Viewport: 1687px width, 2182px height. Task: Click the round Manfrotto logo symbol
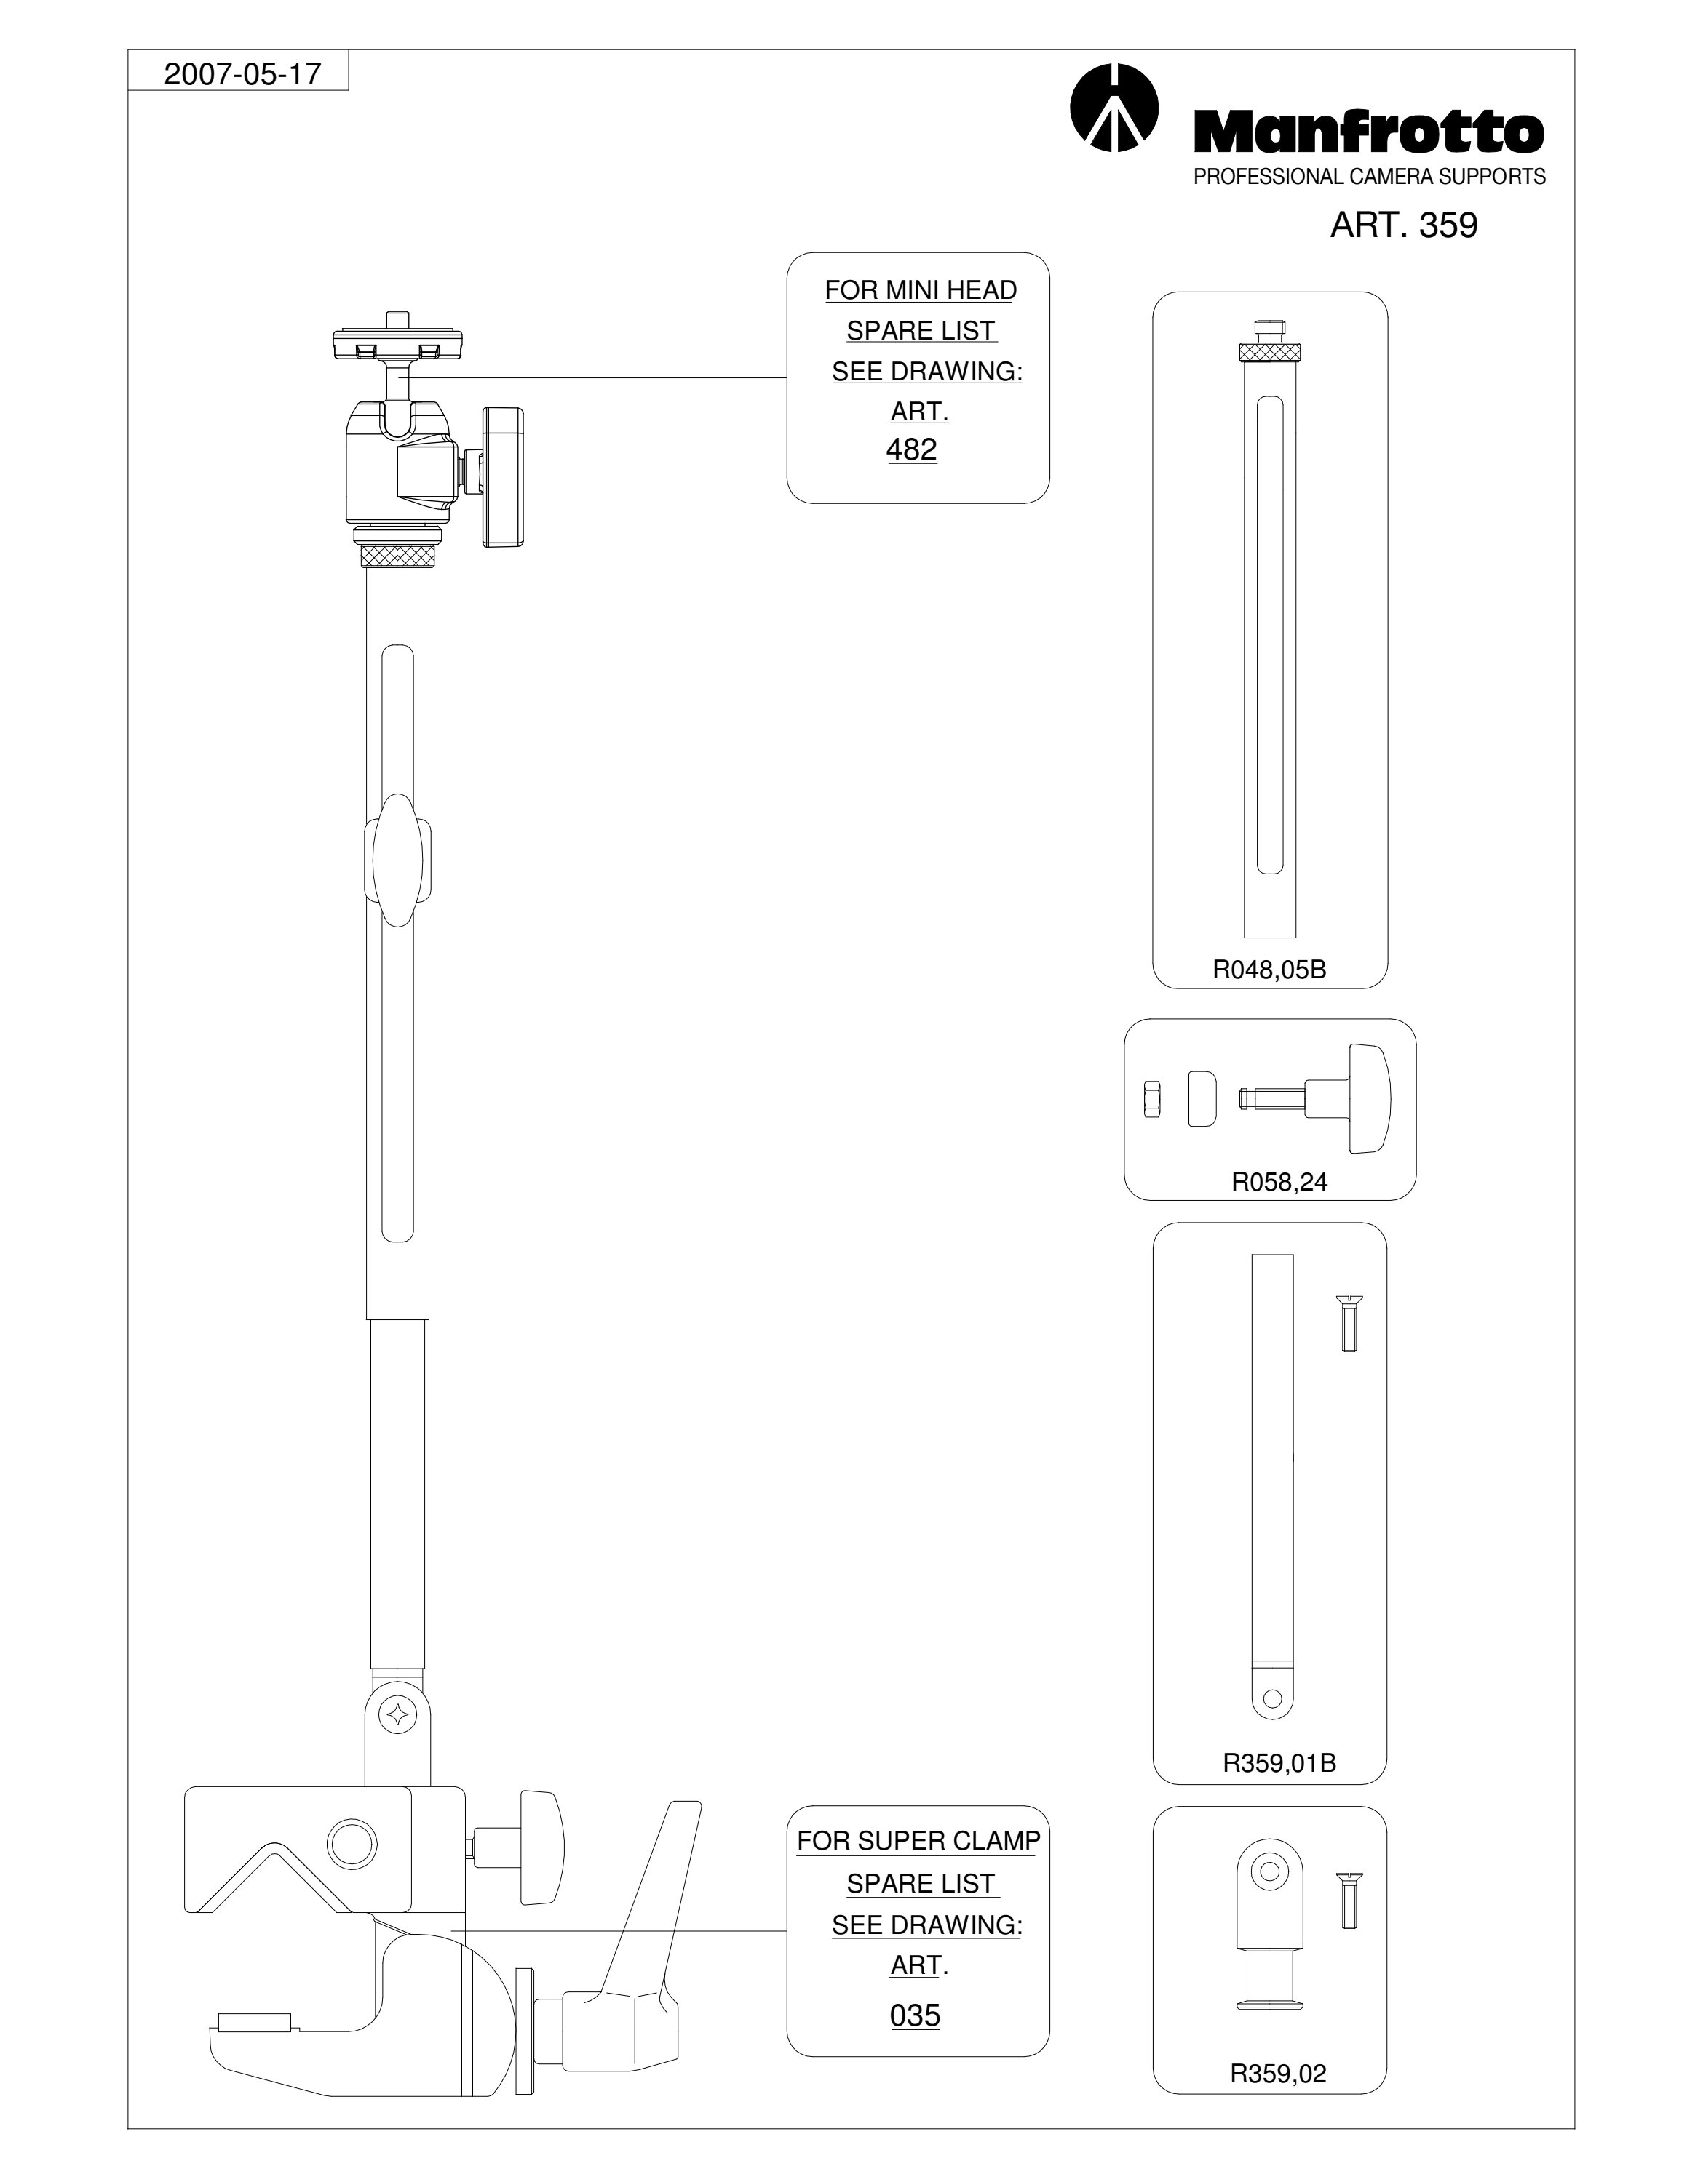coord(1114,108)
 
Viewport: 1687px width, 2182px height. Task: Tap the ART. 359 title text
coord(1403,225)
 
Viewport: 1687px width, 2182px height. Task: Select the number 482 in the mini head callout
coord(911,449)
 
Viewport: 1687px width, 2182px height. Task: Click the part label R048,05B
coord(1269,970)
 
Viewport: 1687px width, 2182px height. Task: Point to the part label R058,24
coord(1279,1183)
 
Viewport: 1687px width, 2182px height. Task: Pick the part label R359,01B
coord(1279,1763)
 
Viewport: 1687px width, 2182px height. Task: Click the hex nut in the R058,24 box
coord(1151,1099)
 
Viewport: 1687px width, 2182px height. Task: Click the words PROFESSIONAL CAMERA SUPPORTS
coord(1369,177)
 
